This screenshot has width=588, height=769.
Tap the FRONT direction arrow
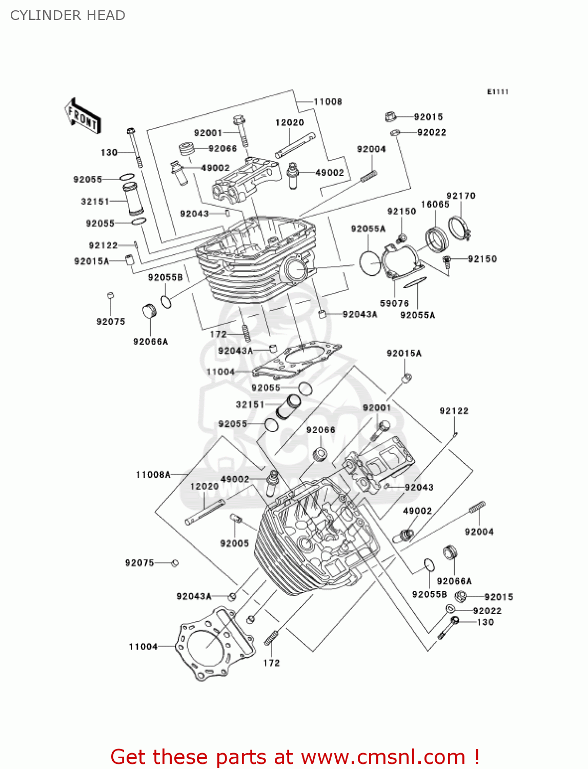click(83, 116)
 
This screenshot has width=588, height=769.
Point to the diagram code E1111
click(497, 92)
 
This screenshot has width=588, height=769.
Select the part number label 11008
click(328, 102)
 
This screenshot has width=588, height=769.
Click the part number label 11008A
click(153, 475)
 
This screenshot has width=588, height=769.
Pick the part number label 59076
click(394, 303)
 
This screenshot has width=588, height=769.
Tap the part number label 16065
click(435, 204)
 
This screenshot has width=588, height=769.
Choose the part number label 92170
click(460, 195)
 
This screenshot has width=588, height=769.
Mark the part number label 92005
click(234, 543)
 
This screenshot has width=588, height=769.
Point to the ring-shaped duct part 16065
click(436, 239)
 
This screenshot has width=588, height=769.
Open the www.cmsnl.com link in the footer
click(383, 757)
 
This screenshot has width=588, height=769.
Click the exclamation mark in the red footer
click(477, 757)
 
